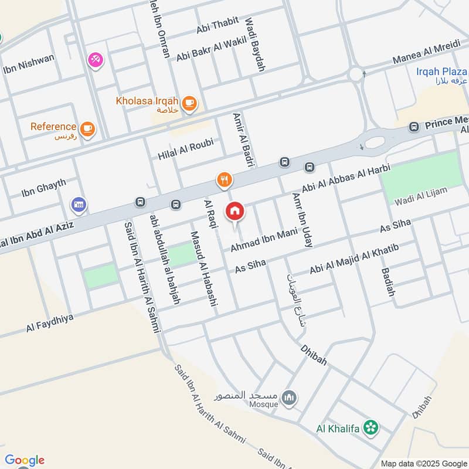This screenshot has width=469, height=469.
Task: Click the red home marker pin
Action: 235,211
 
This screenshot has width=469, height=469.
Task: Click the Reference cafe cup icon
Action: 87,128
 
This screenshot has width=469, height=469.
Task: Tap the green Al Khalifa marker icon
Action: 370,428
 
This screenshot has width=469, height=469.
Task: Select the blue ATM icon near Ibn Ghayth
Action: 79,205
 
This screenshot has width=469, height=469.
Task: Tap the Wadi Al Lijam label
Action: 422,196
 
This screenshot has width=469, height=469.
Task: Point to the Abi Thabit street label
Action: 218,25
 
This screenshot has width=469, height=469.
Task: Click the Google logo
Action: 25,460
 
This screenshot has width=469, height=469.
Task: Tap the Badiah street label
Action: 388,282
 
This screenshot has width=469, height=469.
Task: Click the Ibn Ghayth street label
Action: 43,188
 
